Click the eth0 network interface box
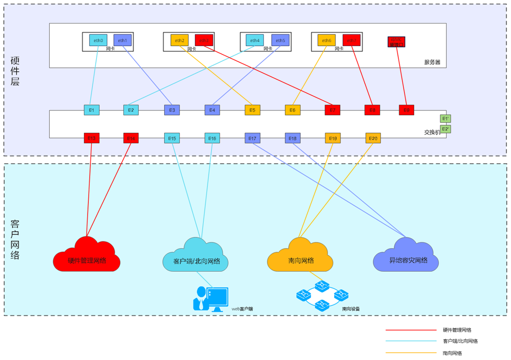click(x=98, y=40)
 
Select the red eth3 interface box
click(x=204, y=40)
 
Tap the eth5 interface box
click(x=280, y=40)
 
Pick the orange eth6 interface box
click(x=327, y=40)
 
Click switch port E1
click(x=92, y=110)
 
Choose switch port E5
click(x=253, y=110)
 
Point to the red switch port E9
click(x=406, y=110)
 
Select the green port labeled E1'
click(x=445, y=119)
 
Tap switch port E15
click(x=172, y=138)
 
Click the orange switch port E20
click(x=373, y=138)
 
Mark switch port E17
click(x=253, y=138)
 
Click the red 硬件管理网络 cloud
click(x=87, y=257)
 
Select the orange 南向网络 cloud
click(x=300, y=258)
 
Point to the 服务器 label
click(x=432, y=62)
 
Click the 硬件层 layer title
click(x=15, y=71)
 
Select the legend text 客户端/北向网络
click(x=460, y=342)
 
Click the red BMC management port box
click(x=396, y=42)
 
